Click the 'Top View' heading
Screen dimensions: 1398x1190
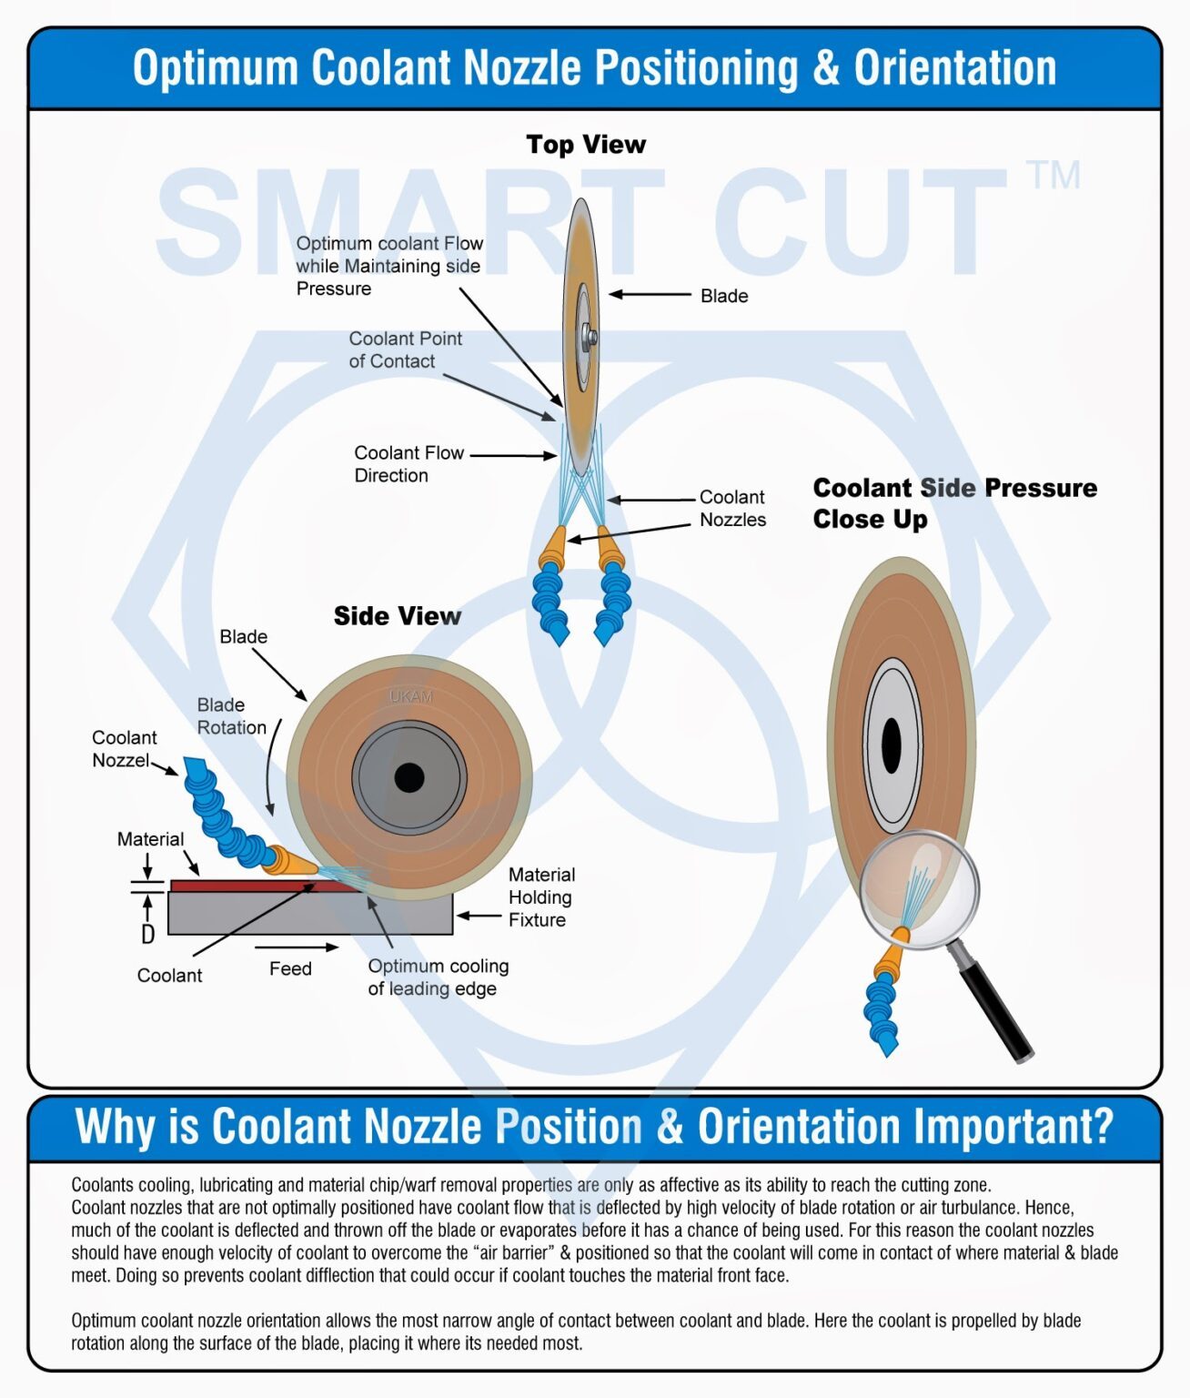(586, 145)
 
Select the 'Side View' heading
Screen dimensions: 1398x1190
(397, 616)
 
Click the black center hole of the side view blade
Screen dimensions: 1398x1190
(409, 778)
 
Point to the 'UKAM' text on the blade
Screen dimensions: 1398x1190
(411, 696)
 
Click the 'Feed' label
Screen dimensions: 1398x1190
(290, 968)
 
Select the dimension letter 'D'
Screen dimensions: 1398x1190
(147, 934)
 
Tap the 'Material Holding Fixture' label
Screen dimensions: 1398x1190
(541, 897)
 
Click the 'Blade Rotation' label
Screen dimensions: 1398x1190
(231, 716)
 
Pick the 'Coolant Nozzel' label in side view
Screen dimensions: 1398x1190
(124, 749)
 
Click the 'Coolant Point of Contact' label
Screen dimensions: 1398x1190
(405, 349)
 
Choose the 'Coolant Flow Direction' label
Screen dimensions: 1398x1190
(408, 464)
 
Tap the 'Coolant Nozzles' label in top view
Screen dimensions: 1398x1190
(732, 509)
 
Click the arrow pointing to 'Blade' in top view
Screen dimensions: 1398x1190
(650, 295)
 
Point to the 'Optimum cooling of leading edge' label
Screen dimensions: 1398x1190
(438, 978)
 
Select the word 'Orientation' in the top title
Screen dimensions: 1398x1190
(954, 68)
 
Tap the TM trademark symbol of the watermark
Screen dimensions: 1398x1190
(1053, 176)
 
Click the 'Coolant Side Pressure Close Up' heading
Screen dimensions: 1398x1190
(954, 503)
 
